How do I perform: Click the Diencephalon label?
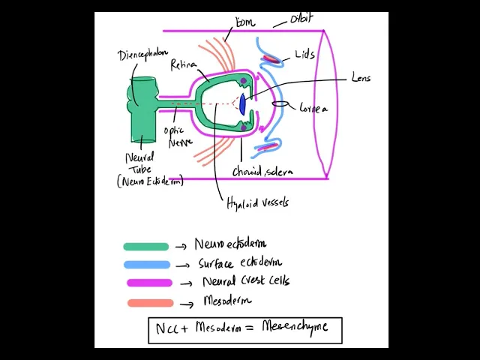click(142, 55)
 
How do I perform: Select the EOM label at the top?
click(244, 23)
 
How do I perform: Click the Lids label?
click(305, 55)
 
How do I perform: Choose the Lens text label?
click(360, 77)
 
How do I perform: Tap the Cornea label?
click(313, 109)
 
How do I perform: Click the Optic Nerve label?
click(178, 136)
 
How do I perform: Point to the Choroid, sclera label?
click(262, 172)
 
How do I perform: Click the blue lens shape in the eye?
click(242, 103)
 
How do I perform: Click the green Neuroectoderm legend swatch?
click(146, 246)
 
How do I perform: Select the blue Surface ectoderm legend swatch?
click(147, 264)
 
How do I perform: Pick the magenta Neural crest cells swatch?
click(149, 283)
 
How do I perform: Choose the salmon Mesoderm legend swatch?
click(150, 303)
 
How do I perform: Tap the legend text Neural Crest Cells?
click(245, 281)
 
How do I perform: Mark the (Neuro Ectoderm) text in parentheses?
click(150, 181)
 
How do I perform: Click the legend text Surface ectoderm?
click(240, 263)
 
